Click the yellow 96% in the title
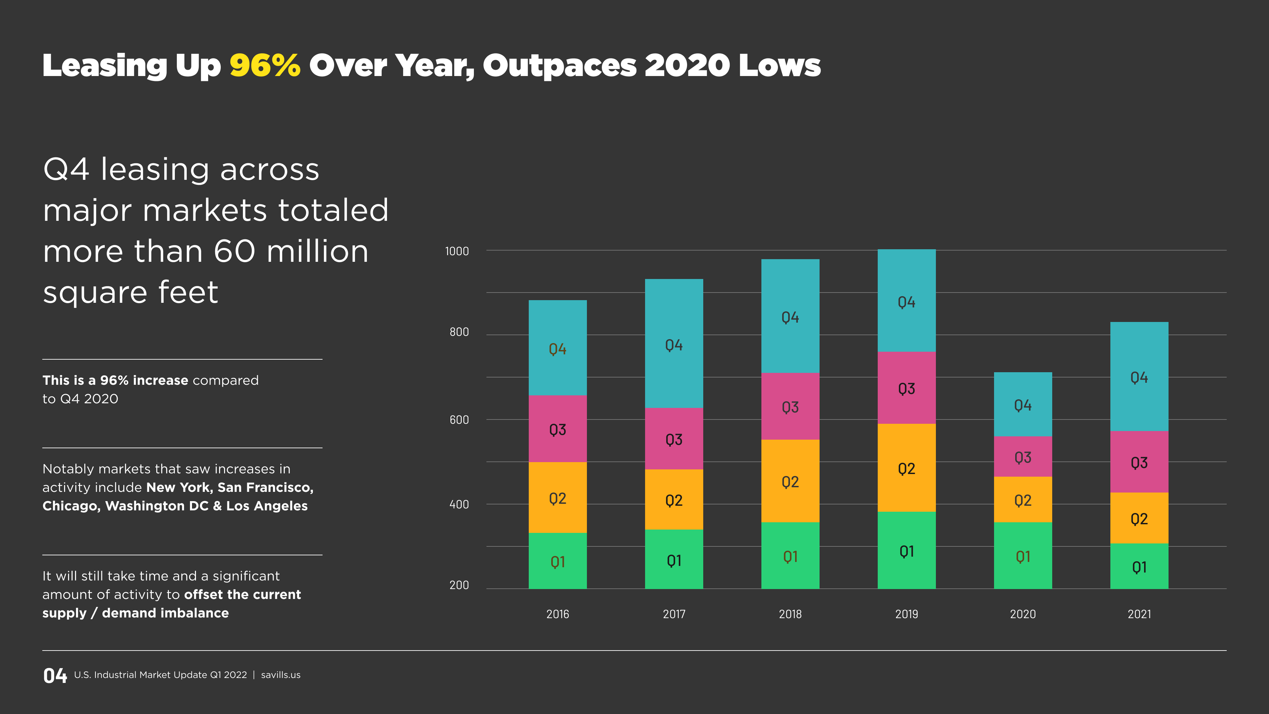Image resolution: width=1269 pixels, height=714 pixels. (x=264, y=65)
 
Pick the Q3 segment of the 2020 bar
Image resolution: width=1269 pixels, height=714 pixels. (x=1023, y=457)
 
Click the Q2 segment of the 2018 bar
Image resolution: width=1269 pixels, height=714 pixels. (x=790, y=481)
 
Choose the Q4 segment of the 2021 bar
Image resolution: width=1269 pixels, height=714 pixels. (x=1139, y=377)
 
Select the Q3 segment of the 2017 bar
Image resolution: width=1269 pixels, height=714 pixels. (x=674, y=439)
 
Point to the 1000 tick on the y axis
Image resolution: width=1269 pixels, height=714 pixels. (x=457, y=251)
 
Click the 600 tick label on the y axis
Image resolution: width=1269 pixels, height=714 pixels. (x=459, y=420)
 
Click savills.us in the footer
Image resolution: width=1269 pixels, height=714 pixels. (x=280, y=675)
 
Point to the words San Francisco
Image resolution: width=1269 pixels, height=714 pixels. (x=265, y=487)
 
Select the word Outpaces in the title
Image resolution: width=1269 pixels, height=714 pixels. (x=559, y=65)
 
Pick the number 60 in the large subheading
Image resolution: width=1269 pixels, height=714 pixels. (x=235, y=251)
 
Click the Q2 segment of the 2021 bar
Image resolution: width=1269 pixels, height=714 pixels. (x=1139, y=518)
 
